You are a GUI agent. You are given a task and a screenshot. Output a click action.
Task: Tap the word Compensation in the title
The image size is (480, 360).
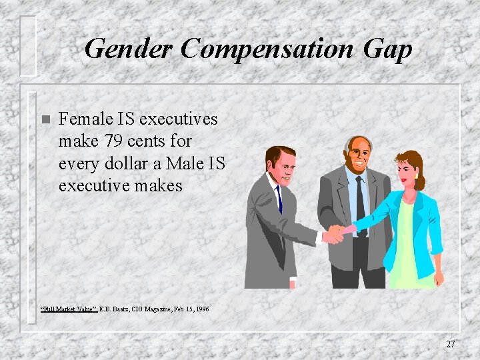(x=268, y=49)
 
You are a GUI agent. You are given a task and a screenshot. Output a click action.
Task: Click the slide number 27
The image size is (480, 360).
(x=451, y=344)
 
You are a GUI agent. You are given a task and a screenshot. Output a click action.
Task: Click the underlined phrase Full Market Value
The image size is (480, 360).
(x=69, y=309)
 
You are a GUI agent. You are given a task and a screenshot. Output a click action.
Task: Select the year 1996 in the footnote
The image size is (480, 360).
(x=201, y=309)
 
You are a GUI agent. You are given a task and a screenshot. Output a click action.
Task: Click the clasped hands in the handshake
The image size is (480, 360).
(x=335, y=233)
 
